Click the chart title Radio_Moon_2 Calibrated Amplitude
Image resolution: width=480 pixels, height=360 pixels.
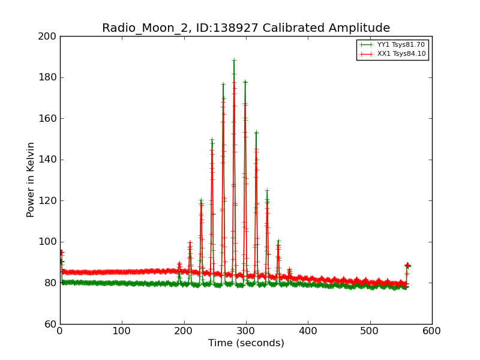246,28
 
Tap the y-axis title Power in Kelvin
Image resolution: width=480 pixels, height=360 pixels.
31,179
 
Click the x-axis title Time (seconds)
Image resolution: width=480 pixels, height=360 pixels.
246,343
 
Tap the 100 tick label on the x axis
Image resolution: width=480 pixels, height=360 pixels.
122,331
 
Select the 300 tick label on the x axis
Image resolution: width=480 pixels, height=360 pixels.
246,331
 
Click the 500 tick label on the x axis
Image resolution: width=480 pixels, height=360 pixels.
370,331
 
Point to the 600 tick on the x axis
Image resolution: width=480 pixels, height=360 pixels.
432,331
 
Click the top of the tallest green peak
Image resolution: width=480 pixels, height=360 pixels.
234,59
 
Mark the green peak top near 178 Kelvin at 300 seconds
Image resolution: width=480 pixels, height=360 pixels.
245,82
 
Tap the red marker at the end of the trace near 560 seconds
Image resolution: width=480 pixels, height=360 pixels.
407,265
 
